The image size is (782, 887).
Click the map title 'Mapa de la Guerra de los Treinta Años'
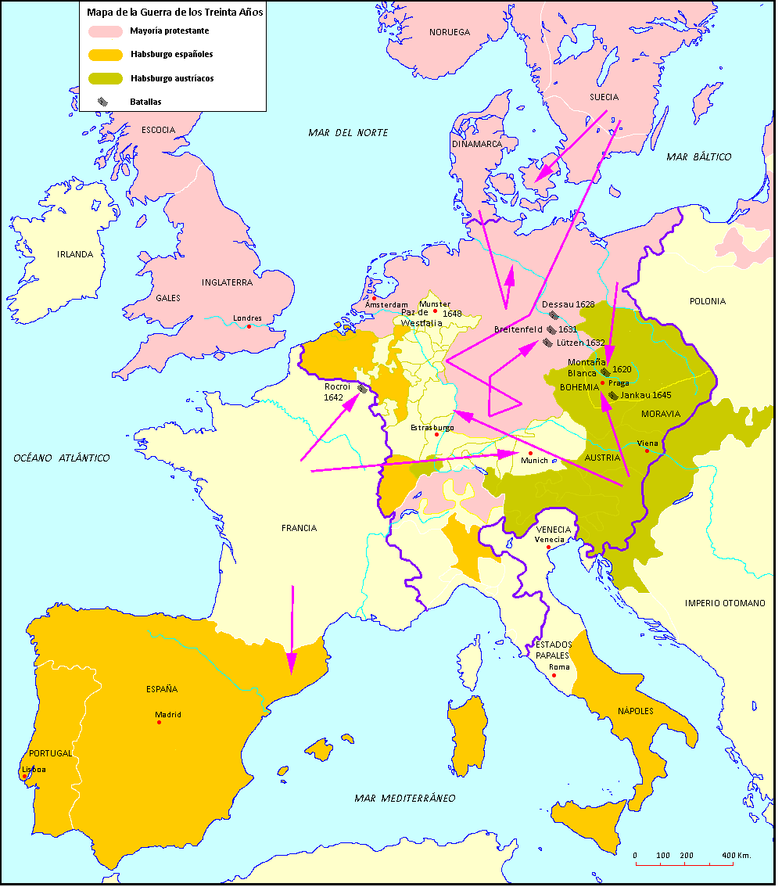174,13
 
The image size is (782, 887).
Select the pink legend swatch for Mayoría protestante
106,31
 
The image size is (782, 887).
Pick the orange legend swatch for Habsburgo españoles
106,55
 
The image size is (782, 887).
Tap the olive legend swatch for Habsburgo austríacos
106,78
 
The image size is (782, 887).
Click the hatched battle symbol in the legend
102,102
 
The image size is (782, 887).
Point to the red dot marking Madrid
160,722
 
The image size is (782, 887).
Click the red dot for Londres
249,326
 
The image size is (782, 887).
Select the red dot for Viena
647,451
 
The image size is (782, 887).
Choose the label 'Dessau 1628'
569,303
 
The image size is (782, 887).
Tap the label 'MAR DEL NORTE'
348,133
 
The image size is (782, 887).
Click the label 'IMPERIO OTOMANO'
725,603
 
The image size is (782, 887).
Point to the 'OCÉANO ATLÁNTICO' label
62,458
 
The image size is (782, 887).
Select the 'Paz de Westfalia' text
421,318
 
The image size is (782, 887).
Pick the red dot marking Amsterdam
374,297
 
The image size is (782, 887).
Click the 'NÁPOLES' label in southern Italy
635,711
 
